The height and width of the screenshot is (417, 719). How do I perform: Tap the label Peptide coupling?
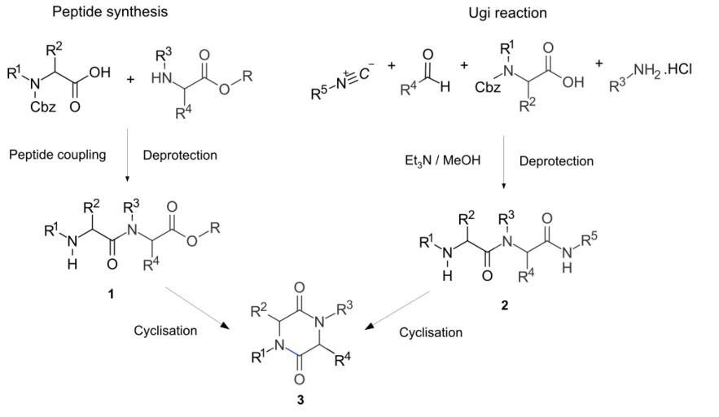57,155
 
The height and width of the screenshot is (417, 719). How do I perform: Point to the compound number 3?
300,400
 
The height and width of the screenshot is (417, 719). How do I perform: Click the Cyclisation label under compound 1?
165,331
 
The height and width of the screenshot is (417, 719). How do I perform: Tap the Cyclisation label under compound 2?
430,332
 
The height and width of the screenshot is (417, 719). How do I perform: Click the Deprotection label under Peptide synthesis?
179,155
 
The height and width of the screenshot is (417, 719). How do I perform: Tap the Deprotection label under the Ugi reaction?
556,161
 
